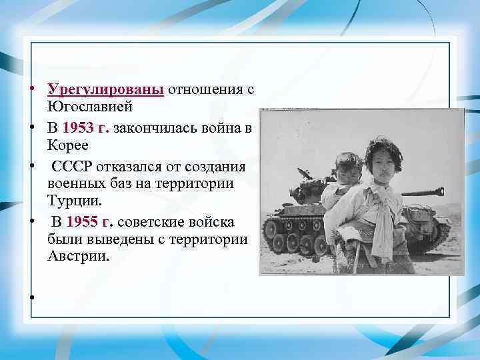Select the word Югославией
click(x=91, y=107)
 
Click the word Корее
click(x=69, y=145)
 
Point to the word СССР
click(x=73, y=165)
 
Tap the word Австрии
click(x=77, y=255)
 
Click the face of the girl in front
click(x=379, y=162)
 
